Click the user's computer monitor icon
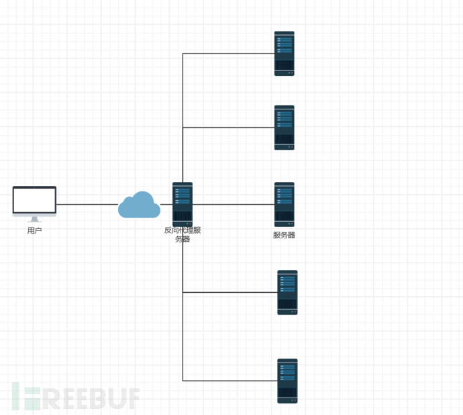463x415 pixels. tap(34, 201)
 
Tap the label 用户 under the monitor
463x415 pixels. tap(34, 231)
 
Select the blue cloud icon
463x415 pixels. tap(139, 205)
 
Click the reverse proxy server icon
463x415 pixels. tap(183, 204)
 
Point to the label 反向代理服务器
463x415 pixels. tap(183, 234)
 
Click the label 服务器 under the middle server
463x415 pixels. tap(284, 235)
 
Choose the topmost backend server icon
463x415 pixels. tap(284, 53)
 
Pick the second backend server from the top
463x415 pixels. tap(284, 127)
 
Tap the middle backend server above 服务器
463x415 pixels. tap(284, 204)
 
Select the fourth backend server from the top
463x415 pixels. tap(287, 292)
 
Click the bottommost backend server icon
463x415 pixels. tap(287, 381)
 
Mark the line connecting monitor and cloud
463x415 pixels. tap(87, 204)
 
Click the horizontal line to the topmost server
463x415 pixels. tap(228, 53)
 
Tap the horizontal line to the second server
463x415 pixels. tap(228, 127)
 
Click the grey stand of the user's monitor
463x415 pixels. tap(34, 218)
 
